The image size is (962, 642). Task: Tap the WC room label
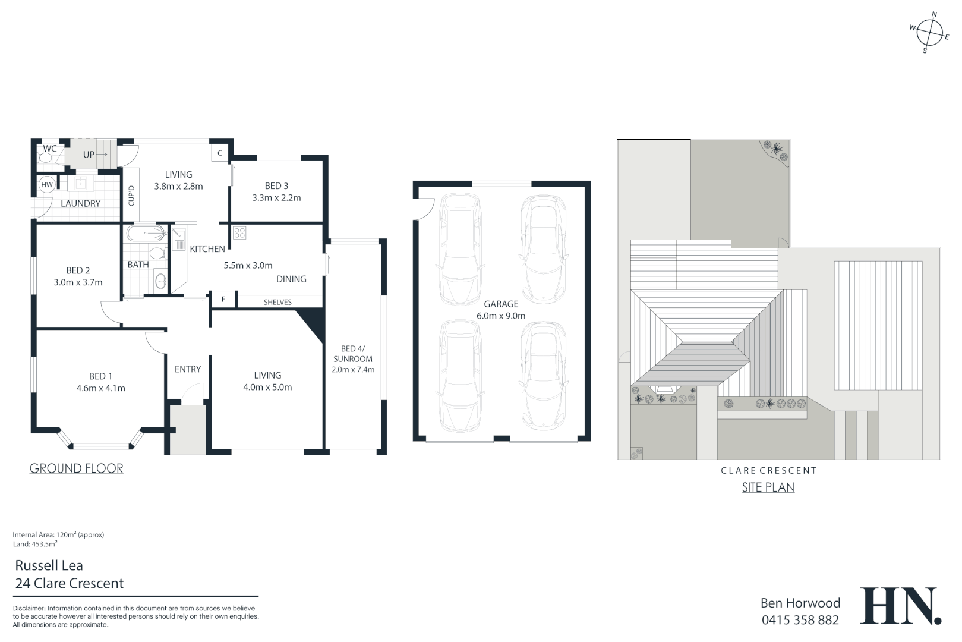[x=50, y=148]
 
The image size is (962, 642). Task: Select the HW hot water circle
[x=47, y=185]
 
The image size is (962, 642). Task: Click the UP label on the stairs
[x=89, y=155]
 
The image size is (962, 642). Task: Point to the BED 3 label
[x=276, y=186]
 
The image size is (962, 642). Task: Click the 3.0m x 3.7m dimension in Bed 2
[x=78, y=282]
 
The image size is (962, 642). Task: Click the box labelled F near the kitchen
[x=223, y=299]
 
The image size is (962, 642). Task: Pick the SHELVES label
[x=277, y=302]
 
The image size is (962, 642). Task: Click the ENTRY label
[x=188, y=369]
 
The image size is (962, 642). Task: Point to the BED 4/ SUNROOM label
[x=353, y=354]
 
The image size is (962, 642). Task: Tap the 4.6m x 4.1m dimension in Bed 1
[x=100, y=388]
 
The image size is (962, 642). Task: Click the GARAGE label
[x=501, y=304]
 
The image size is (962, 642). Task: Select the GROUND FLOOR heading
[x=77, y=468]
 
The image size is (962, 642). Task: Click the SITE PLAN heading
[x=768, y=487]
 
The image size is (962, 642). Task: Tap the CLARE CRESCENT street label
[x=768, y=470]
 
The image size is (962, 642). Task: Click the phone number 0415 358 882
[x=800, y=620]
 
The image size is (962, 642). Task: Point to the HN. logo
[x=900, y=606]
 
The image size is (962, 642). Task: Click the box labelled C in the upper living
[x=220, y=153]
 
